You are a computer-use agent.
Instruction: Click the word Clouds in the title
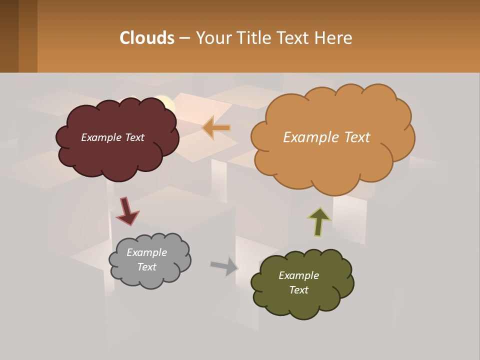pyautogui.click(x=147, y=38)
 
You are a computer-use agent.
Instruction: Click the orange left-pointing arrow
pyautogui.click(x=216, y=127)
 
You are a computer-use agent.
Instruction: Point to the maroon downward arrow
pyautogui.click(x=126, y=211)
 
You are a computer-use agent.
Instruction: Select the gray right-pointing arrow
pyautogui.click(x=224, y=266)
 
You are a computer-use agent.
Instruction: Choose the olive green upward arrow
pyautogui.click(x=319, y=221)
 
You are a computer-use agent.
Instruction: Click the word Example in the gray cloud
pyautogui.click(x=146, y=252)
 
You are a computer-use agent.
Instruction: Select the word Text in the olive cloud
pyautogui.click(x=298, y=290)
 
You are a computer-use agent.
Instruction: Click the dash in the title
pyautogui.click(x=184, y=38)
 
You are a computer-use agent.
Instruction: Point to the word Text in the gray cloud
pyautogui.click(x=146, y=267)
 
